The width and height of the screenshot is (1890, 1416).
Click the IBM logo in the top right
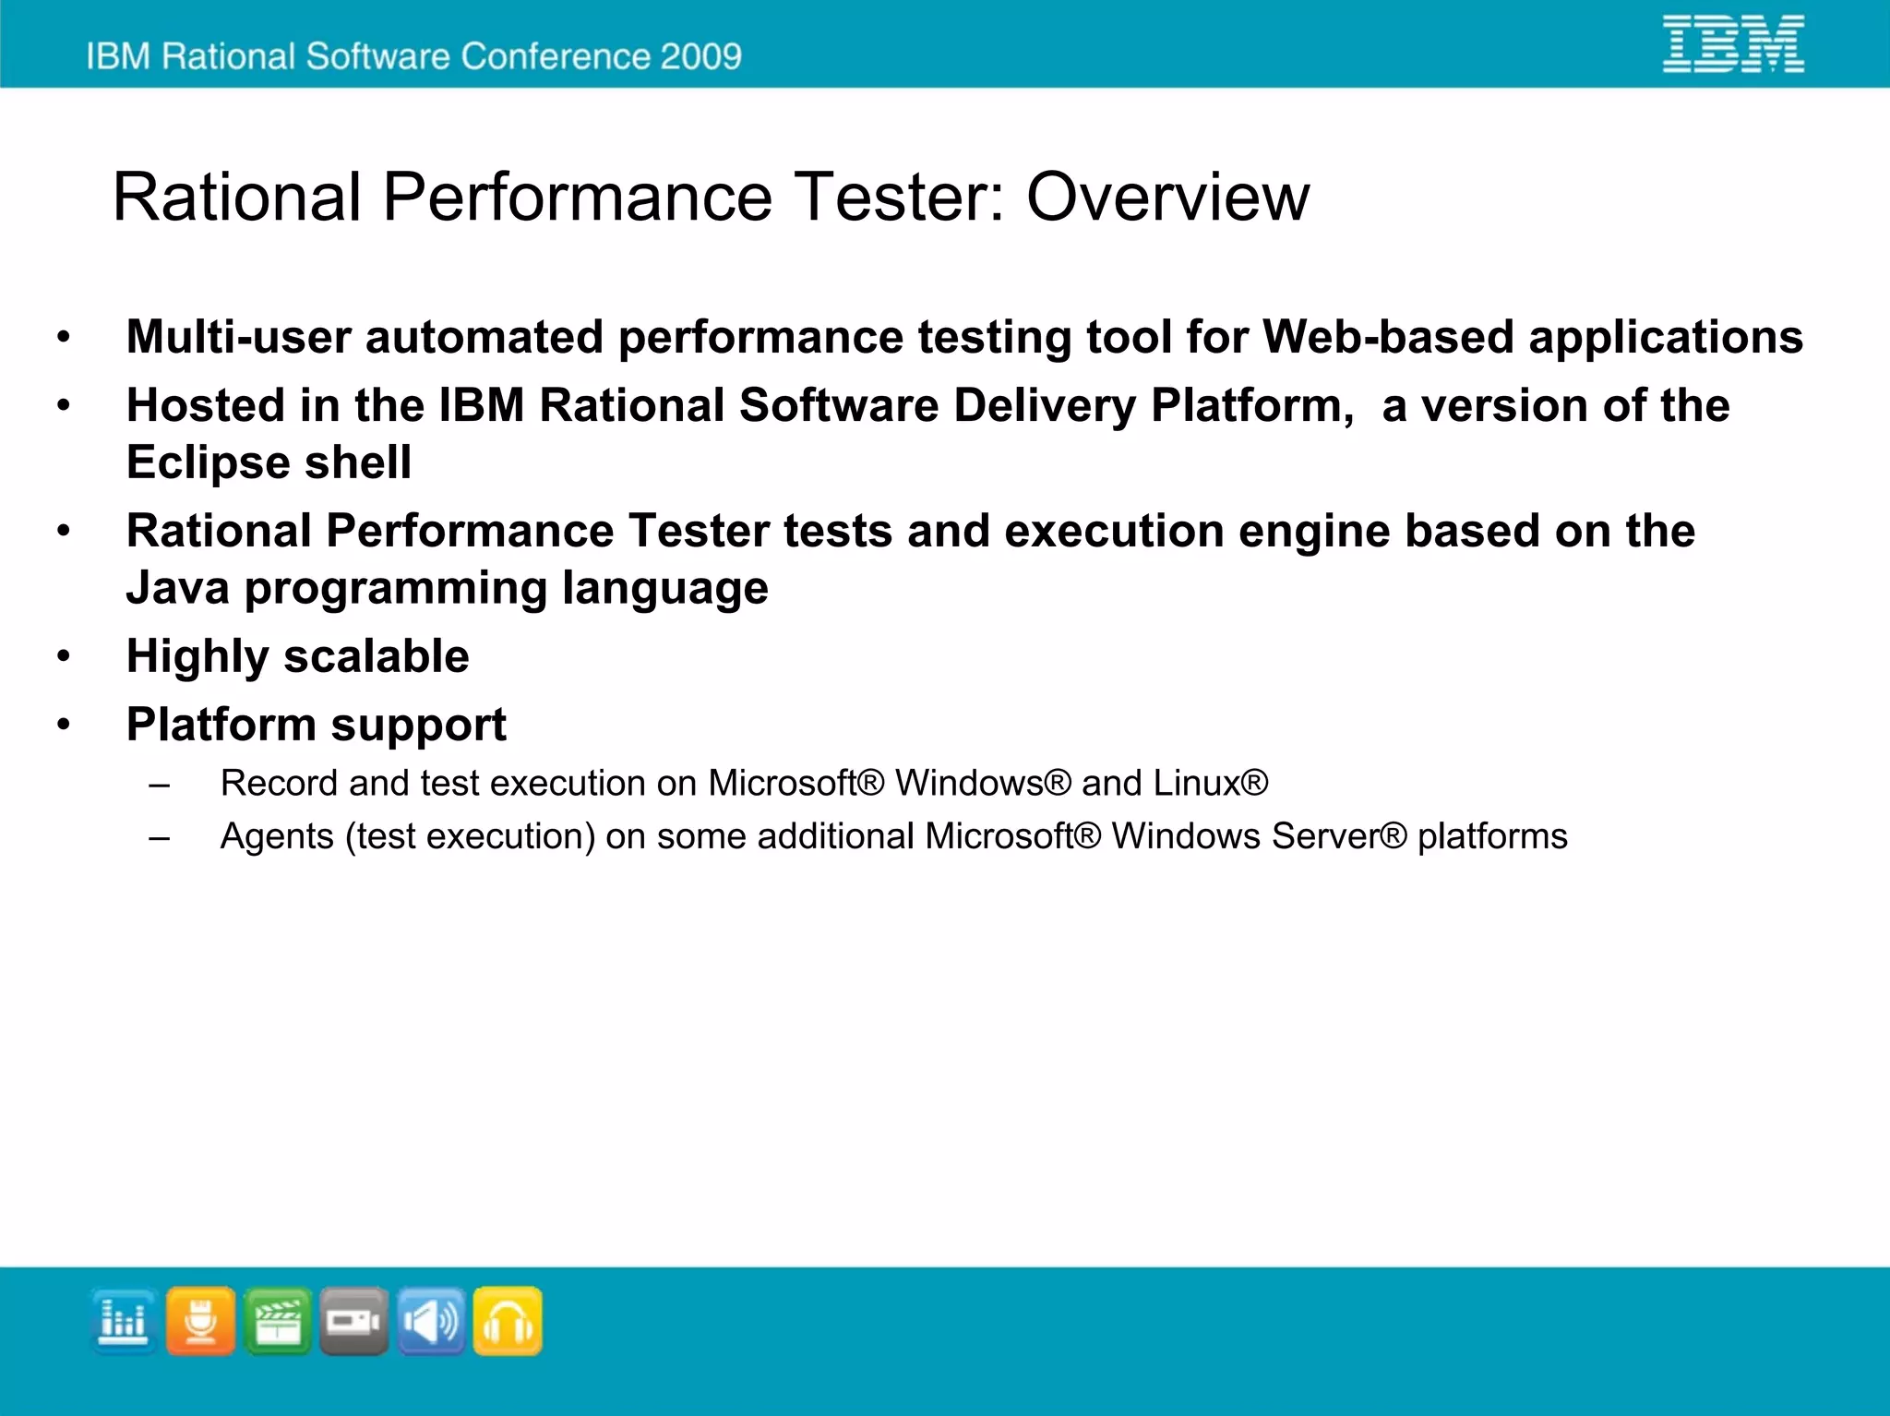point(1732,44)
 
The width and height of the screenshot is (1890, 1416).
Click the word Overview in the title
point(1167,197)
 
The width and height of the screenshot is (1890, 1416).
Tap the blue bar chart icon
point(124,1321)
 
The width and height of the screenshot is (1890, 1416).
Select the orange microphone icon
point(200,1321)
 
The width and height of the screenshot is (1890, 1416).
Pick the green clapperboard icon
point(277,1321)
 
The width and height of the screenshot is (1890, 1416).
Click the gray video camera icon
point(353,1321)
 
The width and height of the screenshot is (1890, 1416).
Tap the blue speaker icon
point(430,1321)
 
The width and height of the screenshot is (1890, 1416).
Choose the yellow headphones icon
point(507,1321)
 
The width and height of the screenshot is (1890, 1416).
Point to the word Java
point(177,588)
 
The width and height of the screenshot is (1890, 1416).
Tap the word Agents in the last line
point(277,836)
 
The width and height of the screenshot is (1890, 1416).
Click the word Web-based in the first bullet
point(1388,336)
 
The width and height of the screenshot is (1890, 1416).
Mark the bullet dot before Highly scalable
point(63,656)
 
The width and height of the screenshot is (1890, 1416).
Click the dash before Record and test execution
point(160,785)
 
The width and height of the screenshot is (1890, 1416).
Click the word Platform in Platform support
point(221,725)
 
